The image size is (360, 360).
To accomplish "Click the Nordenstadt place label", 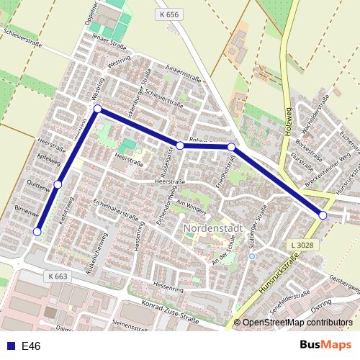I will pos(214,230).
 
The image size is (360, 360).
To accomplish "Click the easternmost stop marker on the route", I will pos(323,215).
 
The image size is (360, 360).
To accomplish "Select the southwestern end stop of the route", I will pos(37,231).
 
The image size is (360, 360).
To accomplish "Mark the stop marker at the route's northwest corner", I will pos(97,109).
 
